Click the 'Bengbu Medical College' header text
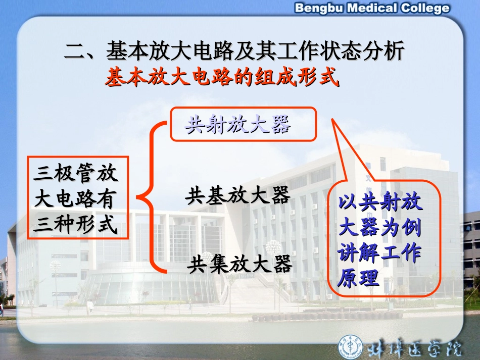click(x=371, y=8)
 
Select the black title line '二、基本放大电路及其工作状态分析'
click(x=234, y=52)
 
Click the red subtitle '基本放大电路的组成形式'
click(x=221, y=78)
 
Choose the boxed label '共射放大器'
click(x=237, y=124)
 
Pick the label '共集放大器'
click(x=239, y=264)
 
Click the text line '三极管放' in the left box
click(x=76, y=173)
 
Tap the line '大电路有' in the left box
click(x=76, y=199)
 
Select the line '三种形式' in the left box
click(x=76, y=225)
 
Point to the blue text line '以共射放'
click(x=380, y=202)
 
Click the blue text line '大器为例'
click(x=380, y=227)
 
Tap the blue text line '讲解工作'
click(x=380, y=253)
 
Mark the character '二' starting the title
click(x=75, y=52)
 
